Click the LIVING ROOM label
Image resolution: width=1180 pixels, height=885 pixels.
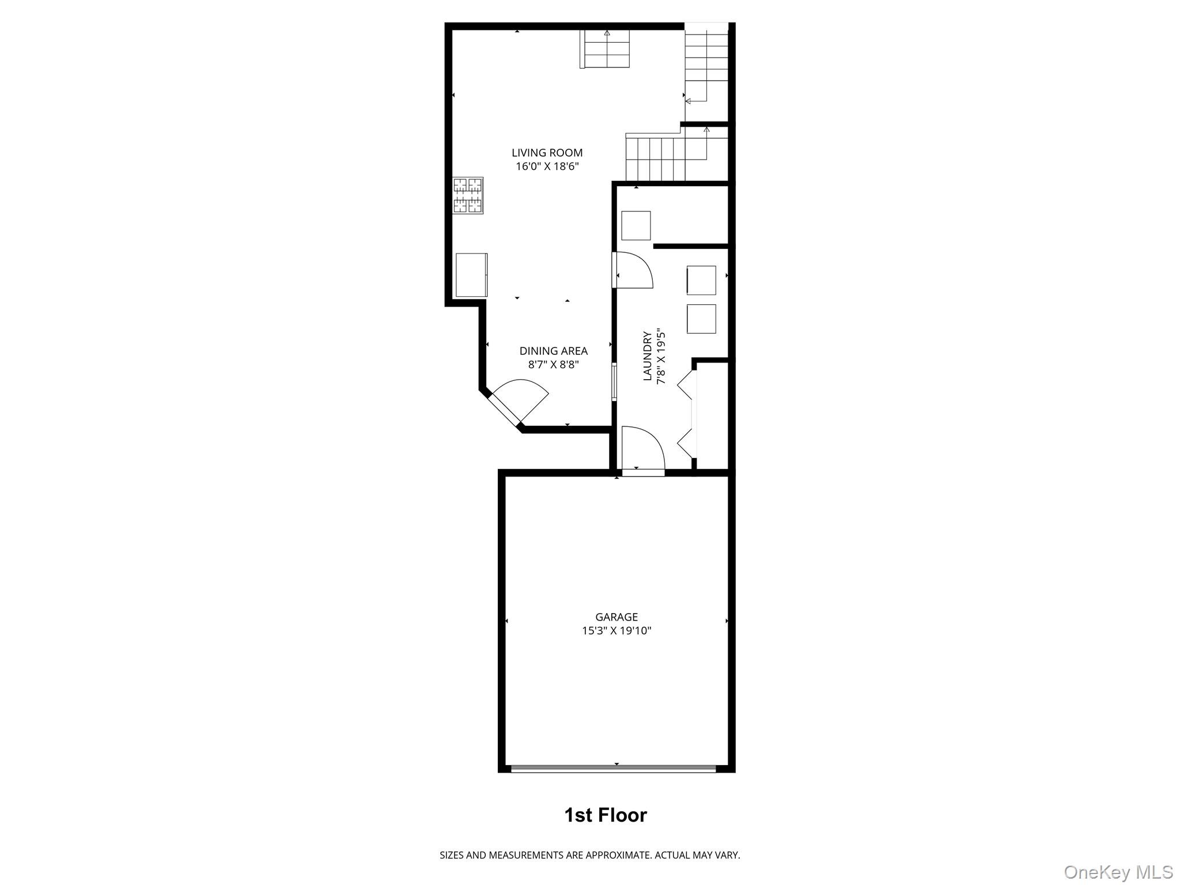pos(547,153)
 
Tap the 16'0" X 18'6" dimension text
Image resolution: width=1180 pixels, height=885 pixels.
pos(547,167)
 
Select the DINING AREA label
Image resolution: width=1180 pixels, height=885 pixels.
pos(553,351)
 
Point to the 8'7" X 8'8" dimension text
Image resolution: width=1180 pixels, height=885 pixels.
pos(553,365)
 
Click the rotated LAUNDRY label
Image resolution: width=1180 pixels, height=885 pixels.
pos(648,355)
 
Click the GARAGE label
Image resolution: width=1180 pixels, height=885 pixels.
pos(617,617)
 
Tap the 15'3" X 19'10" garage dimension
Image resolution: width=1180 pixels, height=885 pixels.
pos(617,631)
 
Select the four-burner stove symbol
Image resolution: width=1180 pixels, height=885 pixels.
pos(467,195)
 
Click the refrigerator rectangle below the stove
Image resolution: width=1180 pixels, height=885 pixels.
pos(471,275)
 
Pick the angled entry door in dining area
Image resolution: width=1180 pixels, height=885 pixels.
pos(513,403)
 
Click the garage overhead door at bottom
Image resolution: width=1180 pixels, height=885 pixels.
pos(613,768)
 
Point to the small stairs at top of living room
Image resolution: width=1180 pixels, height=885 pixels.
pos(605,49)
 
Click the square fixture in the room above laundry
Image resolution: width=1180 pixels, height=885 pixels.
pos(636,225)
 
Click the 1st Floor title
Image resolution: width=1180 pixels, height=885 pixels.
pos(605,815)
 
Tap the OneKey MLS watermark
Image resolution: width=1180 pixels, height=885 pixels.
pos(1118,872)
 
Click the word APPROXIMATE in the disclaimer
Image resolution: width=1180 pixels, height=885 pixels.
pos(618,855)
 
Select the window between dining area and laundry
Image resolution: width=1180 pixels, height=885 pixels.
pos(614,381)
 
